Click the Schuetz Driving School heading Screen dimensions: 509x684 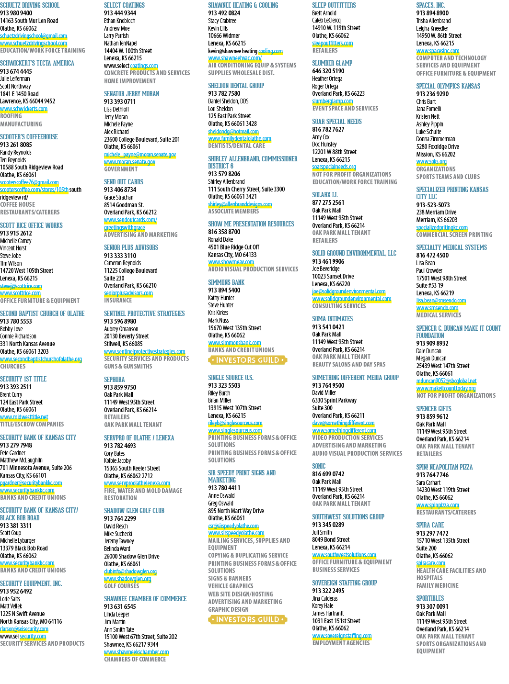click(30, 5)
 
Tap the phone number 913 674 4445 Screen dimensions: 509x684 click(16, 71)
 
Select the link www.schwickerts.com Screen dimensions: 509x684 click(24, 109)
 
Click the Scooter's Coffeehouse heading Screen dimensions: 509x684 click(29, 136)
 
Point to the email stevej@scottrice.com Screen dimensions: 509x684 click(21, 286)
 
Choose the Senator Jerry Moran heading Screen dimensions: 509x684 click(132, 94)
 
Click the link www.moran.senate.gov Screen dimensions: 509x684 click(130, 162)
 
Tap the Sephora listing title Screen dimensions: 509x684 click(114, 379)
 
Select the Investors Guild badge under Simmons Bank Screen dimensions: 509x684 click(247, 360)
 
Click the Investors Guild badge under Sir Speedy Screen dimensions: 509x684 click(247, 619)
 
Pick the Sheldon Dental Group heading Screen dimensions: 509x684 click(236, 86)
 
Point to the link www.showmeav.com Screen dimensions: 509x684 click(231, 262)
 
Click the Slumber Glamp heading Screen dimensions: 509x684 click(332, 63)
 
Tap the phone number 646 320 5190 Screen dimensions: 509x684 click(328, 71)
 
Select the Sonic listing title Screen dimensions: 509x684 click(319, 466)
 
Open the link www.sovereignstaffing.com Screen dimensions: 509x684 click(342, 627)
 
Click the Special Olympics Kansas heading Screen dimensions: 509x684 click(448, 86)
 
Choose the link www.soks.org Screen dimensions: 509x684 click(431, 162)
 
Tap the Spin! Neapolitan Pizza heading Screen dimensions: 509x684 click(444, 467)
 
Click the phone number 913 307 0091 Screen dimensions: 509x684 click(432, 606)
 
